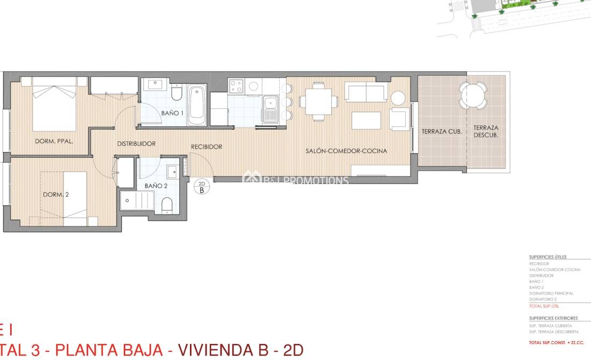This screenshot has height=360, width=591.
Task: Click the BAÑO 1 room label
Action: pyautogui.click(x=172, y=113)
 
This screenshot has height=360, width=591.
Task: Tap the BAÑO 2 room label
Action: pyautogui.click(x=156, y=186)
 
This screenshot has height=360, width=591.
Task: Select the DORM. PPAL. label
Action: pyautogui.click(x=54, y=142)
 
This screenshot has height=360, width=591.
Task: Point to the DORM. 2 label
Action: pyautogui.click(x=56, y=195)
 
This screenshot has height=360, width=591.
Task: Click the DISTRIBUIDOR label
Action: pyautogui.click(x=136, y=144)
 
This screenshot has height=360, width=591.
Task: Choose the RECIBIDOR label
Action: pyautogui.click(x=207, y=146)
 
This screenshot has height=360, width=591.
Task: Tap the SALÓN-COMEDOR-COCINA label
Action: pyautogui.click(x=346, y=151)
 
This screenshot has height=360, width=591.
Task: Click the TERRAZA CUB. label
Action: pyautogui.click(x=439, y=131)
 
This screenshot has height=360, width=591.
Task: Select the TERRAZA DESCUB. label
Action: pyautogui.click(x=486, y=131)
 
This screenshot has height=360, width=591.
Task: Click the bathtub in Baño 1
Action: pyautogui.click(x=197, y=105)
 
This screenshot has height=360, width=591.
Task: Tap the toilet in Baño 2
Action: pyautogui.click(x=167, y=204)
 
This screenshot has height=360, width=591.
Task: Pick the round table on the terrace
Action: pyautogui.click(x=473, y=96)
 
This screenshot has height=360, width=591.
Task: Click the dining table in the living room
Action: pyautogui.click(x=319, y=101)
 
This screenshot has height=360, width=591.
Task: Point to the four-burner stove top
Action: pyautogui.click(x=236, y=86)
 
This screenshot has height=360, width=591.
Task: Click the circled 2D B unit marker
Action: pyautogui.click(x=202, y=186)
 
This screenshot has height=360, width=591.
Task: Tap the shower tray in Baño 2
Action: pyautogui.click(x=138, y=203)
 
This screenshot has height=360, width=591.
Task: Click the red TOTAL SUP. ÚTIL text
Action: pyautogui.click(x=544, y=306)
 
